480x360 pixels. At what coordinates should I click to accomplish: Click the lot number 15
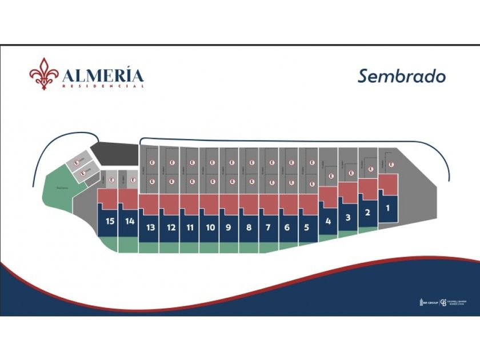pos(110,221)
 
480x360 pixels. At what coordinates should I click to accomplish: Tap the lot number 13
pos(150,227)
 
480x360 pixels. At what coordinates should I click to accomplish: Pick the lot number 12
pos(171,227)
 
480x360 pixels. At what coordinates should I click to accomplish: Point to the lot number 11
pos(190,227)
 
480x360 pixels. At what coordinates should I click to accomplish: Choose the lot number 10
pos(210,227)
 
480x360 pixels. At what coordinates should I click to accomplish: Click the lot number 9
pos(229,227)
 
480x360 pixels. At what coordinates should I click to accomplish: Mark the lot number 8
pos(249,227)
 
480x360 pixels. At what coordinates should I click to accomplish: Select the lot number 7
pos(268,227)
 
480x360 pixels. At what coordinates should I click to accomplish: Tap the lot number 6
pos(287,227)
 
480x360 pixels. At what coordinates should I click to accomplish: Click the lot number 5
pos(307,227)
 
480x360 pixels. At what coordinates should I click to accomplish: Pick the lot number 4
pos(328,221)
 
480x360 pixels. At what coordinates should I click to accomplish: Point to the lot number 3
pos(348,217)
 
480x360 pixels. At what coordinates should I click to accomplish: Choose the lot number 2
pos(367,213)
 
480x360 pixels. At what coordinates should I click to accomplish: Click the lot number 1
pos(388,208)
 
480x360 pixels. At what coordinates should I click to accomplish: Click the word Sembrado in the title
pos(402,76)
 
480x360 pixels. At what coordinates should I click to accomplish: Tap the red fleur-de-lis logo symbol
pos(44,74)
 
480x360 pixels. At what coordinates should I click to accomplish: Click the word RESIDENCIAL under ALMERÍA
pos(102,86)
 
